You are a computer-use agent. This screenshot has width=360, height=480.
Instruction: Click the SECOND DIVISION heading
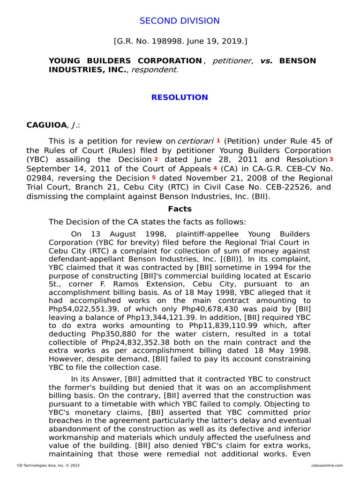point(180,21)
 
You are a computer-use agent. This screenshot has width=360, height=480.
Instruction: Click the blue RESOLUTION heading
point(180,97)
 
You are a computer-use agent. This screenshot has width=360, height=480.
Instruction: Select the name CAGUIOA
point(47,125)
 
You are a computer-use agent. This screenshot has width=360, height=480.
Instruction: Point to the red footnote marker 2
point(156,159)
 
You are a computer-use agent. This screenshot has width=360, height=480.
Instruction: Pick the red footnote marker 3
point(331,159)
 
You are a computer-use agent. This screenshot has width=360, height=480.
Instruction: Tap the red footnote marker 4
point(215,168)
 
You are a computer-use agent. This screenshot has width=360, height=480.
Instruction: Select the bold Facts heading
point(180,209)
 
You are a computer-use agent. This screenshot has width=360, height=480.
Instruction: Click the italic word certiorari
point(195,141)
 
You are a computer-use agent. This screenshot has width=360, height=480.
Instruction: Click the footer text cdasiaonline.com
point(327,465)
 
